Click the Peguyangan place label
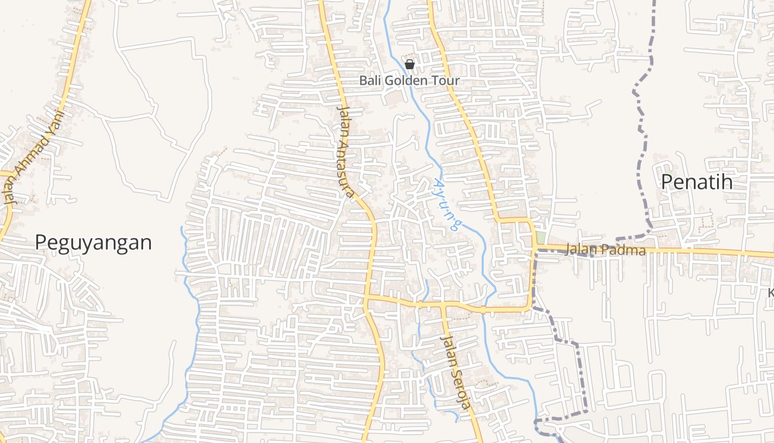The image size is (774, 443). pyautogui.click(x=93, y=243)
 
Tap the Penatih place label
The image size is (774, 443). pyautogui.click(x=697, y=182)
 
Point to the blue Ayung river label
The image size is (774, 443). pyautogui.click(x=447, y=204)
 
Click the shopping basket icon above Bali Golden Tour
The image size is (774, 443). pyautogui.click(x=410, y=65)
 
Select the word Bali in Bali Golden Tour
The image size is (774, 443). pyautogui.click(x=370, y=81)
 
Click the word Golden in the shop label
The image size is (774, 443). pyautogui.click(x=405, y=81)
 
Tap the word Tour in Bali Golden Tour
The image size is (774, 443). pyautogui.click(x=446, y=81)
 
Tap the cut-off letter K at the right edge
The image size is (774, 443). pyautogui.click(x=771, y=292)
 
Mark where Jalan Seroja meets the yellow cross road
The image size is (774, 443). pyautogui.click(x=443, y=305)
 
